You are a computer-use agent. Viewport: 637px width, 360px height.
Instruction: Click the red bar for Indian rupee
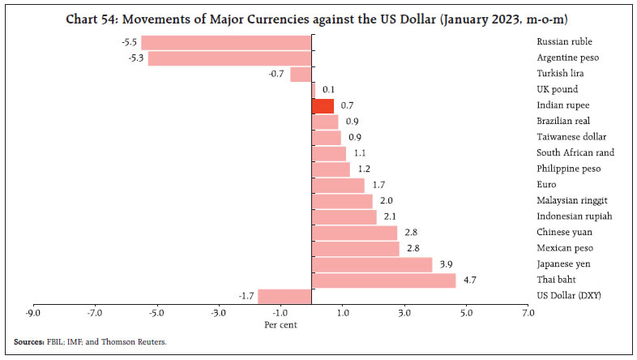[323, 105]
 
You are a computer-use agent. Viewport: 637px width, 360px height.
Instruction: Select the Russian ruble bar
[226, 42]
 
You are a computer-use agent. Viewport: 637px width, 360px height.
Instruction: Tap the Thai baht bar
[384, 281]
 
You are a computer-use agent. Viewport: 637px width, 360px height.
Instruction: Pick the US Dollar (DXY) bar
[285, 296]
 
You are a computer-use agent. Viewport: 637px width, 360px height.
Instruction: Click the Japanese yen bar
[372, 264]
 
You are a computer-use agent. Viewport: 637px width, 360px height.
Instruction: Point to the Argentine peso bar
[229, 58]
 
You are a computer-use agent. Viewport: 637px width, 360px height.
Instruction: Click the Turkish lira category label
[557, 74]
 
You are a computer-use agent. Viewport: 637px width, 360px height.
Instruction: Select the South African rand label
[575, 152]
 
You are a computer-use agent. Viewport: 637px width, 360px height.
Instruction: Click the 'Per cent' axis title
[280, 324]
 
